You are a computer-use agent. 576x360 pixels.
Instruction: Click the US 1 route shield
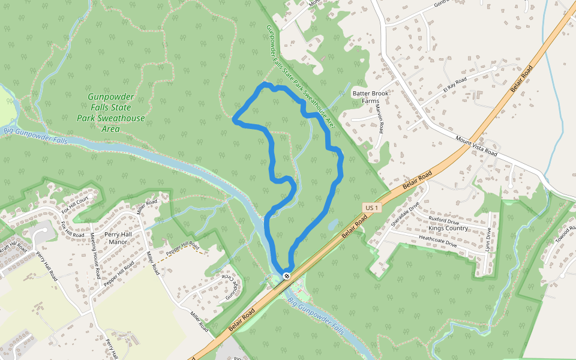(372, 208)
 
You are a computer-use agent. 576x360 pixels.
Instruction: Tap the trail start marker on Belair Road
(287, 276)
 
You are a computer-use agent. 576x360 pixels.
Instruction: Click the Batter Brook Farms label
(370, 97)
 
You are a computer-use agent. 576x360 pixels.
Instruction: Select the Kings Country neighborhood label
(448, 229)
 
